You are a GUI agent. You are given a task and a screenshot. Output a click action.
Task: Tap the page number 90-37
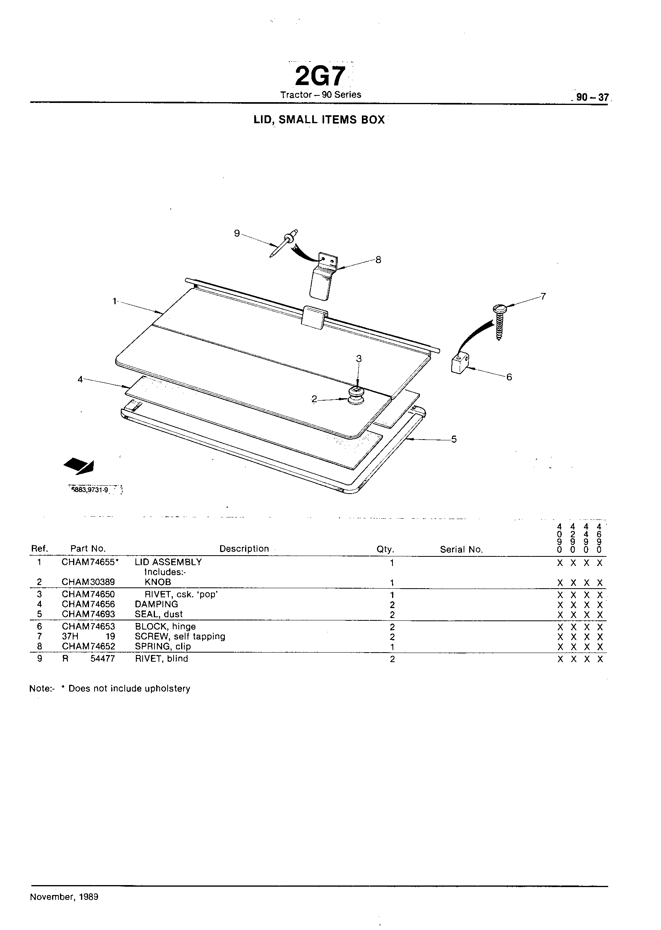(x=592, y=98)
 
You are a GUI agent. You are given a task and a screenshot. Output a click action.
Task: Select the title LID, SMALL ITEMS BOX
(x=319, y=120)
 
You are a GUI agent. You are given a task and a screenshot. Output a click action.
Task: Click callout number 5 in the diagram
(x=454, y=439)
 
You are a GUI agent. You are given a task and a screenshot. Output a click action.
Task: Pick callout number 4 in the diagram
(x=80, y=379)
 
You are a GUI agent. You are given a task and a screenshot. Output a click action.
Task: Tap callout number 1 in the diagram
(x=115, y=301)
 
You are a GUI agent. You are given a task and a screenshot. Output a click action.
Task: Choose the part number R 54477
(x=88, y=659)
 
